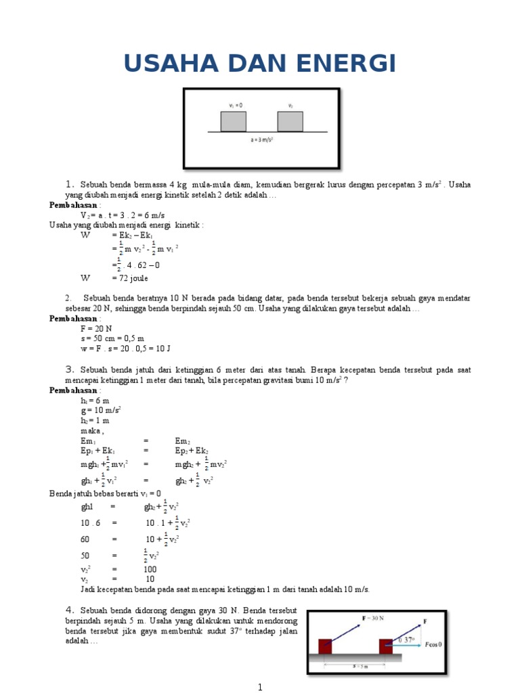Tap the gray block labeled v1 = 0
click(x=233, y=121)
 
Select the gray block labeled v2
click(x=290, y=121)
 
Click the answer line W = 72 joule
click(x=114, y=278)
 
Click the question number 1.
click(x=69, y=185)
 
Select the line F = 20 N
click(x=96, y=328)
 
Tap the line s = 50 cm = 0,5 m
click(x=112, y=338)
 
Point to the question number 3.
click(x=69, y=370)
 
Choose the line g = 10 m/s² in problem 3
click(x=100, y=410)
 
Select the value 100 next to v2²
click(x=150, y=569)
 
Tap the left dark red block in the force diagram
click(x=326, y=646)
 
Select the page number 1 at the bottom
click(x=259, y=687)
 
